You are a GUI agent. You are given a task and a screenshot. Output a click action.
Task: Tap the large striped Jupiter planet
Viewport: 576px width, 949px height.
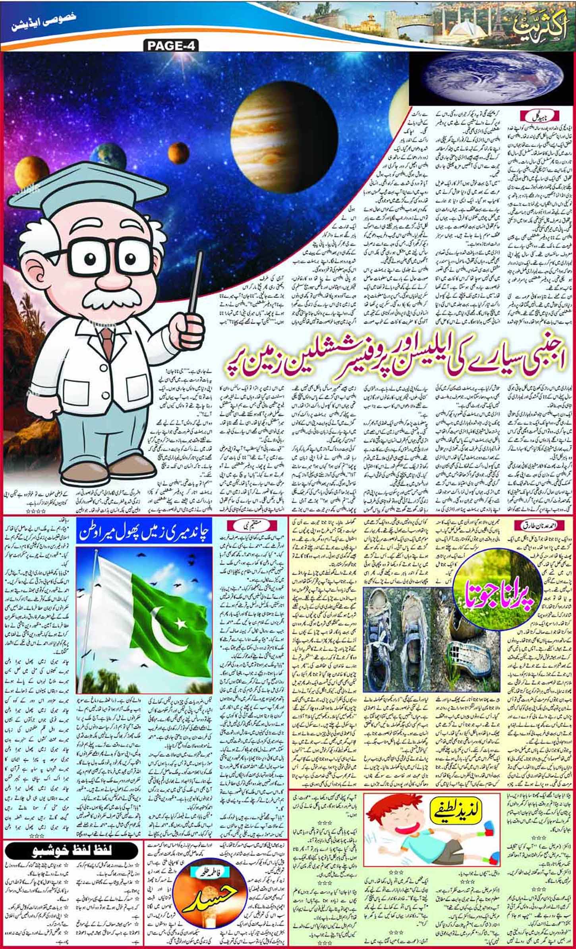(283, 136)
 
